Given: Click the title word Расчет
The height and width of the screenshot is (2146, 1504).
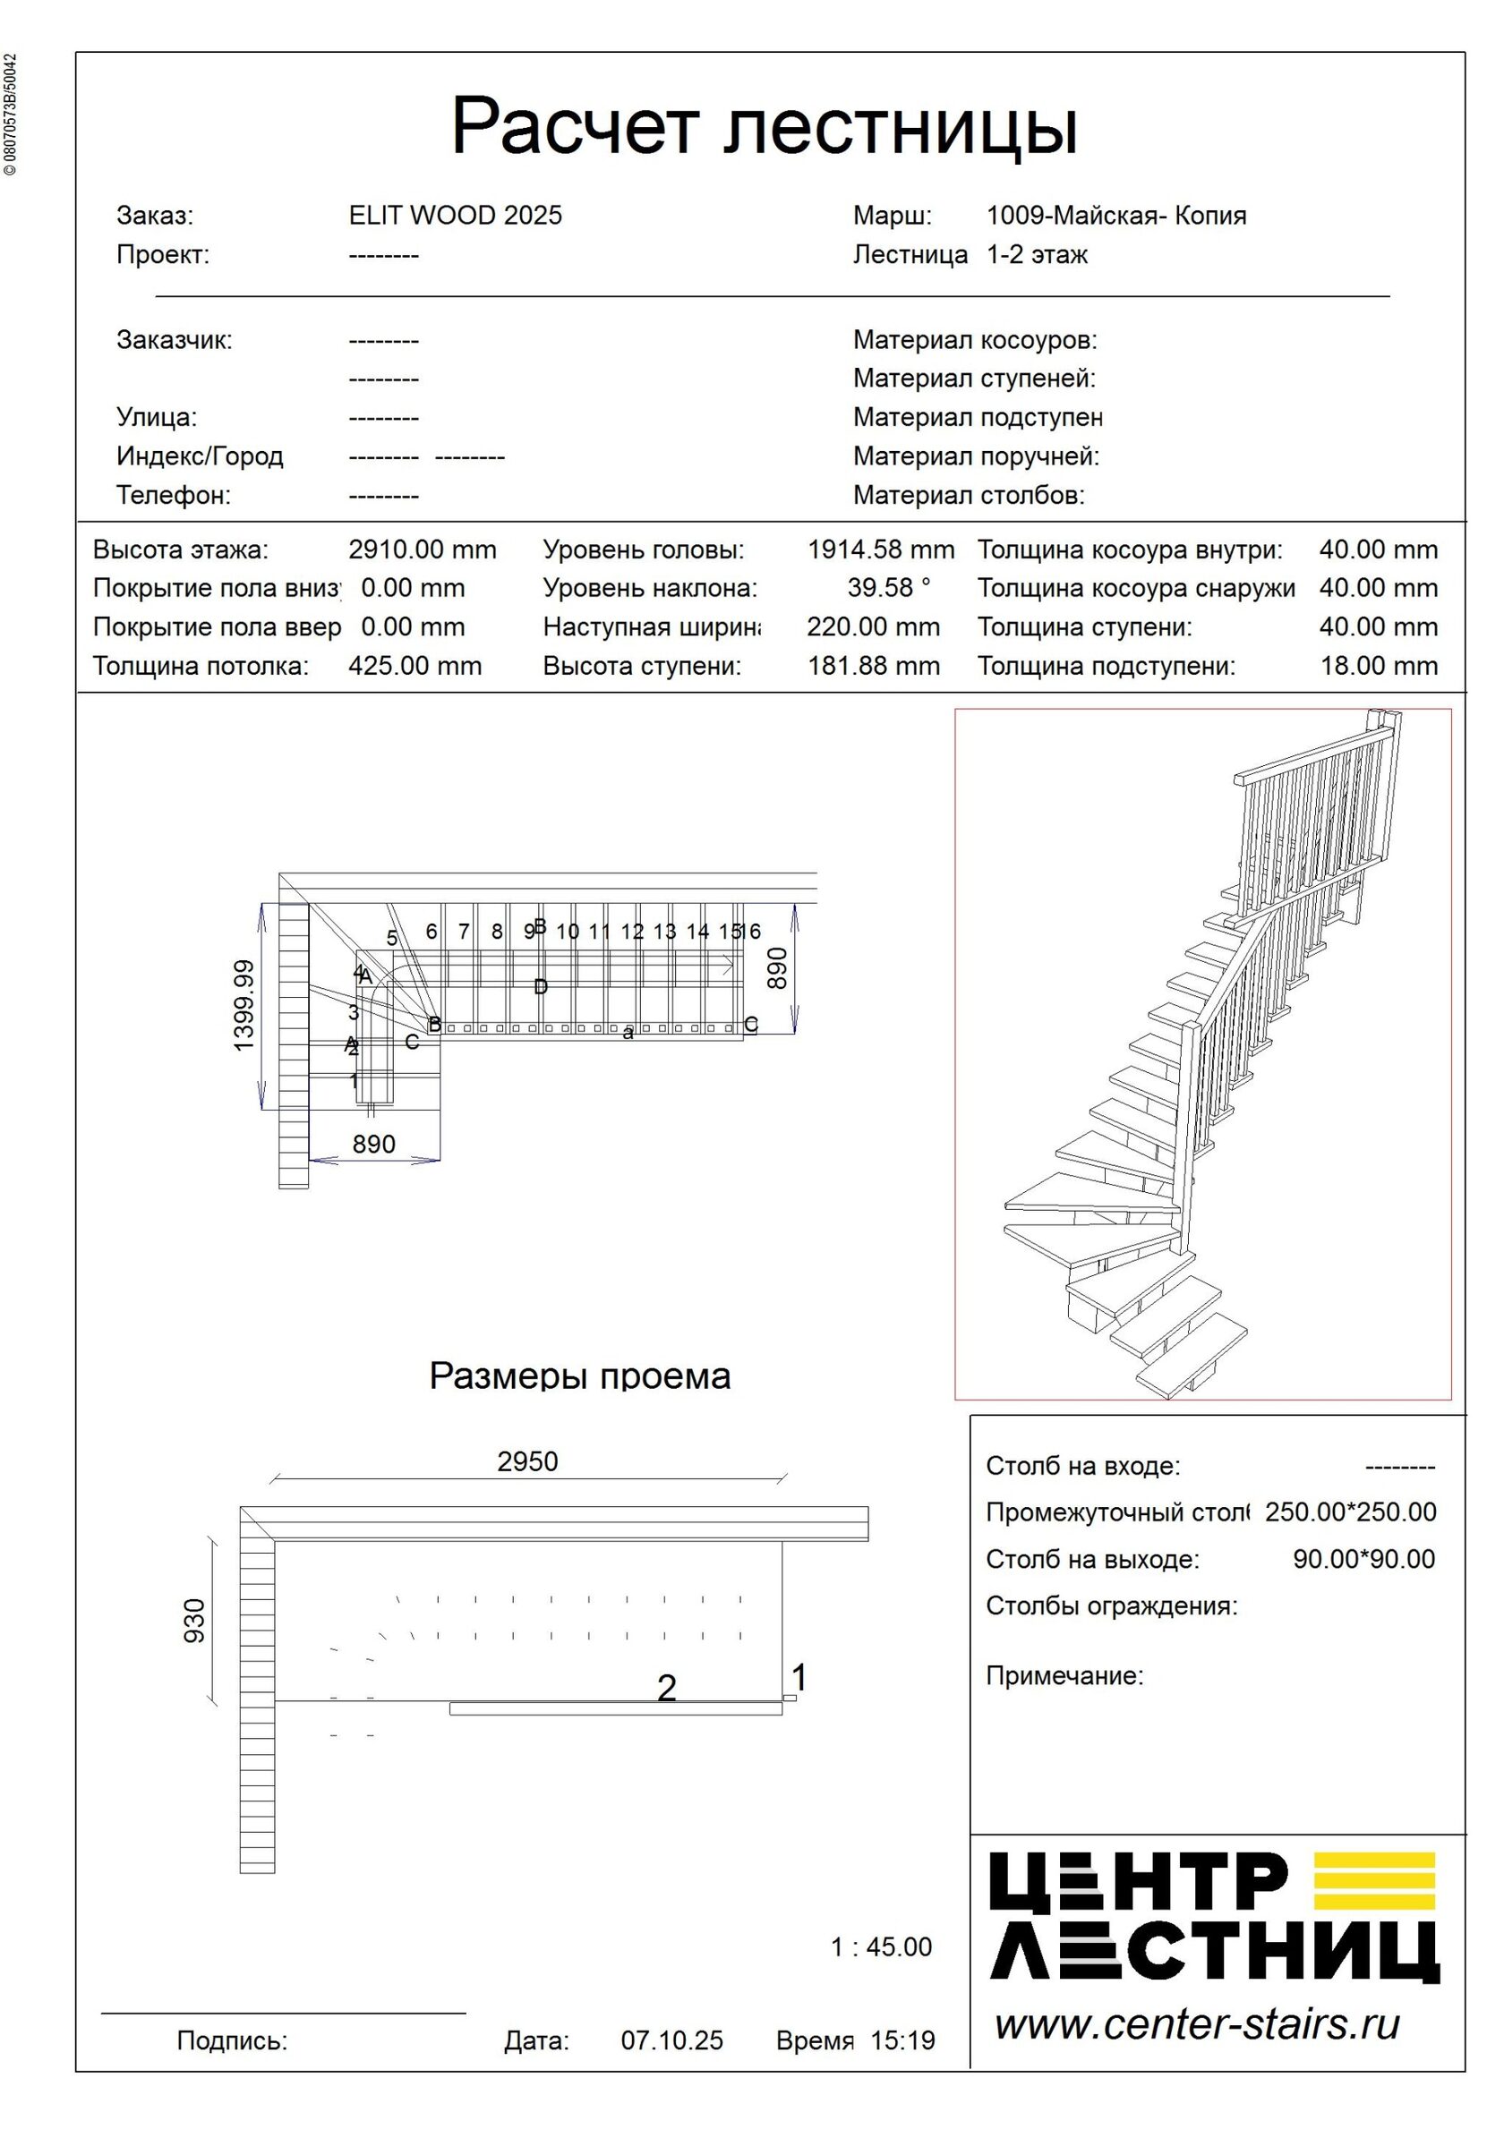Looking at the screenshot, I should (x=575, y=126).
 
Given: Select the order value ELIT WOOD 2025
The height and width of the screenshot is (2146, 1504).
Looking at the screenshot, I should (x=455, y=216).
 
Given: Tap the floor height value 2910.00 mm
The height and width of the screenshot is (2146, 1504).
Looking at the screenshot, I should (x=423, y=549).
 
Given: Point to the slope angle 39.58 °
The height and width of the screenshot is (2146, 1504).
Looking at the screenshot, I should (x=888, y=588).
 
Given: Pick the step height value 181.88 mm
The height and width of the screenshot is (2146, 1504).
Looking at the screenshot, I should (x=873, y=667).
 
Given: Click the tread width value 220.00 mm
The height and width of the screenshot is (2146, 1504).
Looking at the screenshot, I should (x=873, y=627).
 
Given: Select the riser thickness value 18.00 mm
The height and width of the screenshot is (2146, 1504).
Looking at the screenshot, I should (x=1378, y=667).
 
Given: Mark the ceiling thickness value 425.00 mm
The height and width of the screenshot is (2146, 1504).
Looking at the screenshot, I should (x=415, y=667).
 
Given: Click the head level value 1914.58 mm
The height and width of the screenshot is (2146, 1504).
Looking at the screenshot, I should (x=881, y=549).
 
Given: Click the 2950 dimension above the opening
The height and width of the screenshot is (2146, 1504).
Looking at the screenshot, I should (x=527, y=1460).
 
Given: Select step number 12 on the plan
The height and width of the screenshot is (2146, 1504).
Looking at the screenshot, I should (x=632, y=932).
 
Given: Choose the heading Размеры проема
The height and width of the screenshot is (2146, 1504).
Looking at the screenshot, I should (x=579, y=1376).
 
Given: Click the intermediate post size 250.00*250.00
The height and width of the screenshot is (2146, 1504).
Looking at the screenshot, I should (x=1350, y=1512).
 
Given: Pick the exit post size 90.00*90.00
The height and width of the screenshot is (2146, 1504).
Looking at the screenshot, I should (x=1363, y=1559).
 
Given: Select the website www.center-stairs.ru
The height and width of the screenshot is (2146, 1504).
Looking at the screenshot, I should (x=1196, y=2024).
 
